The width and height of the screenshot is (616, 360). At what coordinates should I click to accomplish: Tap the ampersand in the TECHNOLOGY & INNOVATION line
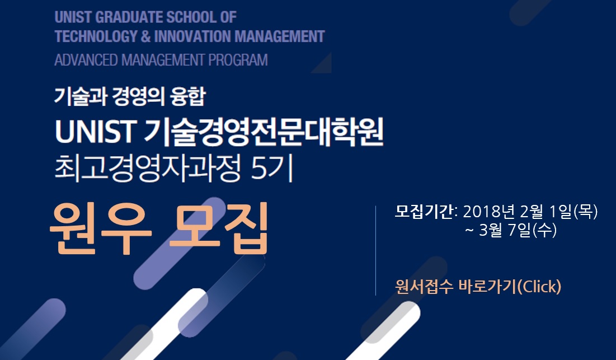pyautogui.click(x=145, y=36)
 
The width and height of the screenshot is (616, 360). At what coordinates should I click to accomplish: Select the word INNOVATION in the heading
pyautogui.click(x=192, y=36)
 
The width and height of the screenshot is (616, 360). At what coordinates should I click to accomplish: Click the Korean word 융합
pyautogui.click(x=188, y=97)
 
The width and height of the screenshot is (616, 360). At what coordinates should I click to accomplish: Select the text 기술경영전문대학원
pyautogui.click(x=264, y=132)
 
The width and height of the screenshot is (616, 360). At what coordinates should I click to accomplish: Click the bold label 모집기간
pyautogui.click(x=424, y=212)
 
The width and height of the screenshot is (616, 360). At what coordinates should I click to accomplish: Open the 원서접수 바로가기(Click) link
pyautogui.click(x=478, y=287)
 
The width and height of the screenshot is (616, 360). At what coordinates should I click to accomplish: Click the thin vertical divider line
pyautogui.click(x=375, y=250)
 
